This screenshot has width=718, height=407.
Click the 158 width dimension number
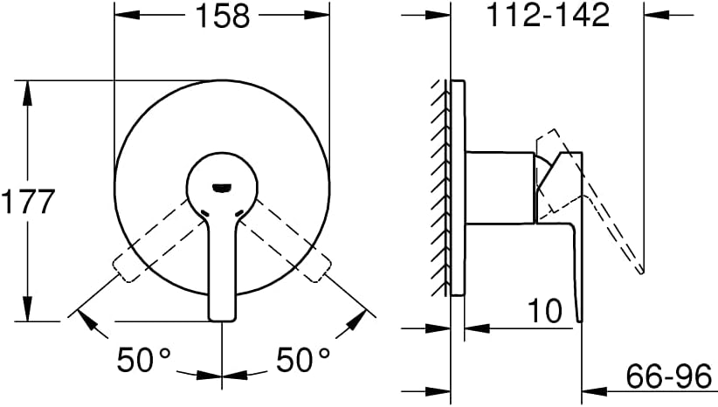click(x=223, y=16)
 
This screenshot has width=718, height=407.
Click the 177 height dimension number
click(x=29, y=202)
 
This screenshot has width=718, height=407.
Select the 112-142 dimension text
click(x=548, y=15)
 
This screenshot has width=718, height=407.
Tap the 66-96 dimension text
click(x=669, y=376)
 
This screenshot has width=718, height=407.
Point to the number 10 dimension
click(x=545, y=311)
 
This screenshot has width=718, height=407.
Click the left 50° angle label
click(x=143, y=359)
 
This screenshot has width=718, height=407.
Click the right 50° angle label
click(x=303, y=359)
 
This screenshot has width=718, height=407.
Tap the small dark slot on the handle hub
click(x=222, y=187)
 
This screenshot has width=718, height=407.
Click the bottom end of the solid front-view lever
click(x=223, y=319)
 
